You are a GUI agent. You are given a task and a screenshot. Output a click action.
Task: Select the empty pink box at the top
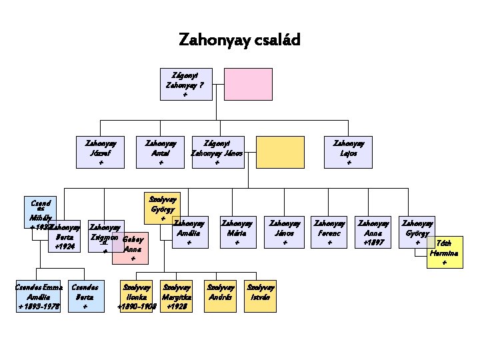[248, 84]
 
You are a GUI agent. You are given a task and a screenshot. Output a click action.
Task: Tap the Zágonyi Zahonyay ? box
[185, 84]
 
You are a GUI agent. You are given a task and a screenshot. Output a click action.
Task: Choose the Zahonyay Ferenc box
[330, 233]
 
